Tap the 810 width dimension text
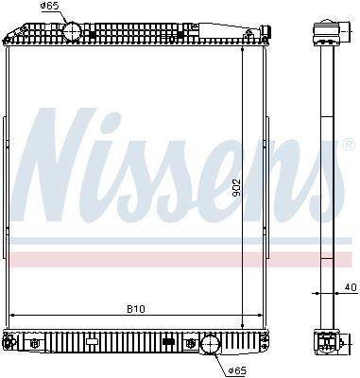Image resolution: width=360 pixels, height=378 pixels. point(136,307)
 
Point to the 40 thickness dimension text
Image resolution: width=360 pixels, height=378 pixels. point(350,286)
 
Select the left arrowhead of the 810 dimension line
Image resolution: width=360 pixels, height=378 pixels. point(12,315)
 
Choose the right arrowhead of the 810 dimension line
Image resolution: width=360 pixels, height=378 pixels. point(260,315)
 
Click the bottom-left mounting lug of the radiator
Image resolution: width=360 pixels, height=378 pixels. point(9,339)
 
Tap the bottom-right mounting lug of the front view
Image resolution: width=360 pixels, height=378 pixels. point(265,339)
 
